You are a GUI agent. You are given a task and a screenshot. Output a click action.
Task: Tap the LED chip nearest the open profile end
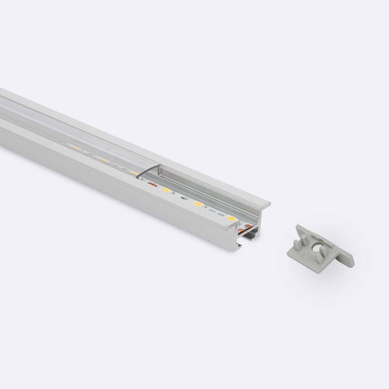(x=230, y=218)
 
